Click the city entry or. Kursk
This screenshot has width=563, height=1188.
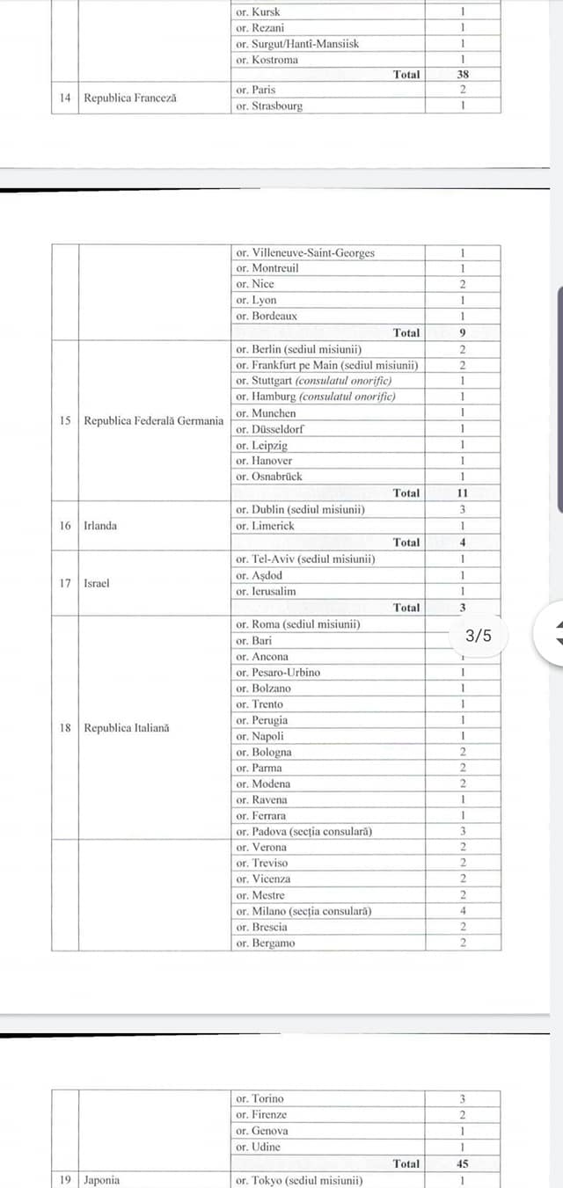258,12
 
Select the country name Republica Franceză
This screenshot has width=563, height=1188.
129,98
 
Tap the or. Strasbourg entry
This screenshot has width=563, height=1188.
269,106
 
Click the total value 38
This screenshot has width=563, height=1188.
463,75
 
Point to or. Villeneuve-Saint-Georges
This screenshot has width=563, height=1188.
305,252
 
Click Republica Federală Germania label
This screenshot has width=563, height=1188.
154,421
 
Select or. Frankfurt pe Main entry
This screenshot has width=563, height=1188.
326,365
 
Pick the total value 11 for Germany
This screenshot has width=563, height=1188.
463,493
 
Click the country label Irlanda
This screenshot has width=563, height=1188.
100,526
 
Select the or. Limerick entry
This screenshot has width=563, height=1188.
265,526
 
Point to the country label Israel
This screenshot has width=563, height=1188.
97,583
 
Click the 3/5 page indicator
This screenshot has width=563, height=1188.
479,636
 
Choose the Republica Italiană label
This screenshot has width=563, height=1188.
127,728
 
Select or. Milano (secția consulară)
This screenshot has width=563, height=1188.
303,911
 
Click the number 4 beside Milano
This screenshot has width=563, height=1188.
463,911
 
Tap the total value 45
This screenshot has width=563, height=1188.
463,1163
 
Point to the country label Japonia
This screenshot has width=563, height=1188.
102,1180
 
